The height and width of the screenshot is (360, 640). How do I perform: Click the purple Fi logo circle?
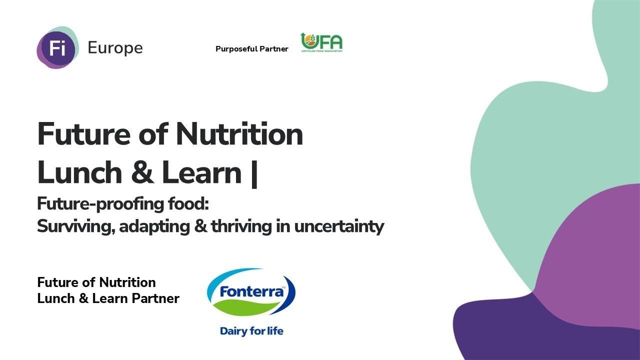point(57,48)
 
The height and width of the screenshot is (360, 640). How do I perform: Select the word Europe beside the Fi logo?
point(115,48)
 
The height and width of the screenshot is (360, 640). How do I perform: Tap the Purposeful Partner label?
point(251,49)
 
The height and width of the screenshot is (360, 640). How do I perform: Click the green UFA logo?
point(321,43)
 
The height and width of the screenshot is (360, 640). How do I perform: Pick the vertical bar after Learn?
point(254,173)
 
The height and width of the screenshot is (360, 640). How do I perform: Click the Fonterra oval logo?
point(251,293)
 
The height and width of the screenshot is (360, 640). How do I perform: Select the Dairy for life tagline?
point(251,331)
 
